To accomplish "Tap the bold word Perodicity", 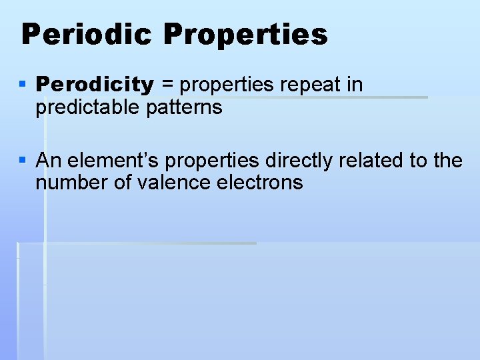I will pyautogui.click(x=95, y=85).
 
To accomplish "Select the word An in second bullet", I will pyautogui.click(x=49, y=161).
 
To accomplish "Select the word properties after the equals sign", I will pyautogui.click(x=225, y=85).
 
